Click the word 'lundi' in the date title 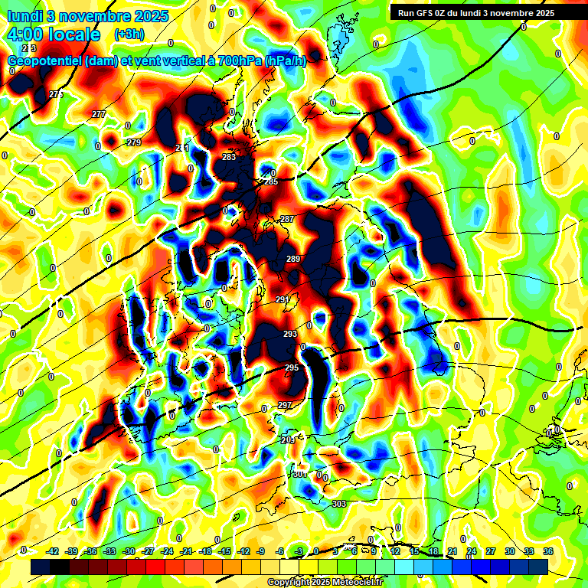coord(26,16)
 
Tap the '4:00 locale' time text coord(54,34)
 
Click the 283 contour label coord(228,157)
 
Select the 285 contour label coord(271,182)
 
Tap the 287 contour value coord(286,219)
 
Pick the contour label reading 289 coord(293,259)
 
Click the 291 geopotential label coord(283,299)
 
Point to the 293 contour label coord(290,334)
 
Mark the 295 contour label coord(292,368)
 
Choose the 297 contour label coord(285,405)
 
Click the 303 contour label coord(339,503)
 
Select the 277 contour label coord(99,114)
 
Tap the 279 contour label coord(134,142)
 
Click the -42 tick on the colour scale coord(53,551)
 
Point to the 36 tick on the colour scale coord(547,551)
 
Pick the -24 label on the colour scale coord(167,551)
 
